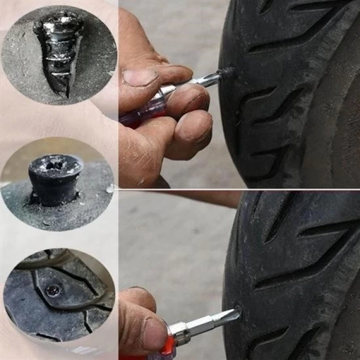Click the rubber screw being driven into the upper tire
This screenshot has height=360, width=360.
(x=227, y=73)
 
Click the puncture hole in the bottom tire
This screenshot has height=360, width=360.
(x=239, y=310)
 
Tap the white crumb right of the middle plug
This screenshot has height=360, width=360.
(x=110, y=189)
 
